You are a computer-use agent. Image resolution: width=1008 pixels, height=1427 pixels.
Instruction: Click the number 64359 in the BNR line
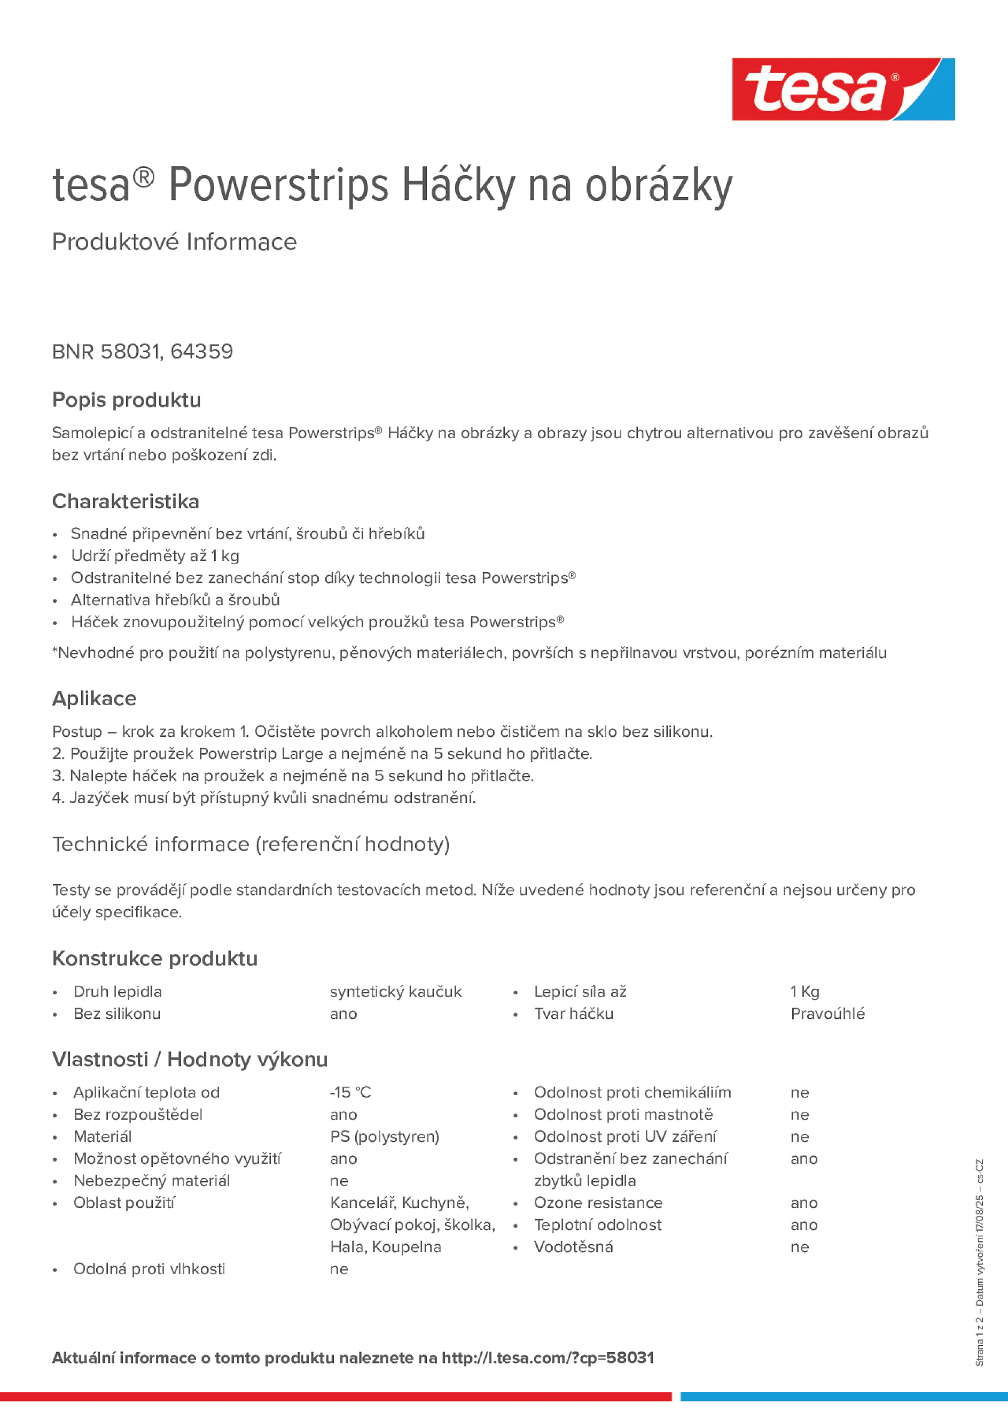tap(201, 352)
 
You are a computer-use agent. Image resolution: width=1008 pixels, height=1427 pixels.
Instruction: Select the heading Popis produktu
tap(126, 400)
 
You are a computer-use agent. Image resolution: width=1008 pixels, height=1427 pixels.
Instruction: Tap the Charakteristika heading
tap(126, 501)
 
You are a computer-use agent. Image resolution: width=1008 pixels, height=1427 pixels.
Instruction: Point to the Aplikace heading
tap(94, 699)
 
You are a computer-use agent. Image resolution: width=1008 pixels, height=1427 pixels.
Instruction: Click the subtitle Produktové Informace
tap(174, 242)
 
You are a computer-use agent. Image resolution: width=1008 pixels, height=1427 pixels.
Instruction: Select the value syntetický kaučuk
tap(395, 992)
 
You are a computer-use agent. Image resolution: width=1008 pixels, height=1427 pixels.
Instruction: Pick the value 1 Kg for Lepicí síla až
tap(805, 992)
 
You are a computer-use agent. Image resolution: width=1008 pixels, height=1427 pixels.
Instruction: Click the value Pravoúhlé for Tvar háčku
tap(827, 1013)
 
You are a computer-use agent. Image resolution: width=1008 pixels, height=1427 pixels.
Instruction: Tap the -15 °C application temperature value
tap(350, 1092)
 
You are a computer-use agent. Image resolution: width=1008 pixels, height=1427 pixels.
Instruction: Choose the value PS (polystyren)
tap(384, 1136)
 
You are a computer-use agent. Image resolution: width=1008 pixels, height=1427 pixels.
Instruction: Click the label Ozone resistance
tap(598, 1203)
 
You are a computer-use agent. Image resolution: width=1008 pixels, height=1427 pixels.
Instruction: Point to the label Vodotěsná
tap(573, 1247)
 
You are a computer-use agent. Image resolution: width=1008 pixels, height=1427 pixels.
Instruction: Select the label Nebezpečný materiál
tap(152, 1180)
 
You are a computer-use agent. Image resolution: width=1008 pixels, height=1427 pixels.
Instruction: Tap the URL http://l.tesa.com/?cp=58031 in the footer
tap(548, 1358)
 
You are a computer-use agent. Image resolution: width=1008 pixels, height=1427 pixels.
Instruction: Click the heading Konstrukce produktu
tap(155, 958)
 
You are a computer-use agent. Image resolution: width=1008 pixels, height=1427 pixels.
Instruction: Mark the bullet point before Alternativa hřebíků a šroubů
tap(56, 601)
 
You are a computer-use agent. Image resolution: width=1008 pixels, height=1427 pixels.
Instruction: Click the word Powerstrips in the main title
tap(278, 185)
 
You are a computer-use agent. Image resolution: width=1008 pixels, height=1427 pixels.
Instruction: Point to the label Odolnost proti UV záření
tap(624, 1136)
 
